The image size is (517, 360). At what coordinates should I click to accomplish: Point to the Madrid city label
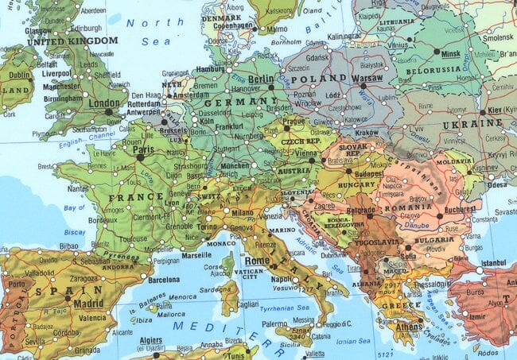point(88,304)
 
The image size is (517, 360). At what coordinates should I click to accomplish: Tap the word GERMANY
point(230,103)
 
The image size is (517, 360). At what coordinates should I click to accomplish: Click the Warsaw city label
point(368,79)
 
